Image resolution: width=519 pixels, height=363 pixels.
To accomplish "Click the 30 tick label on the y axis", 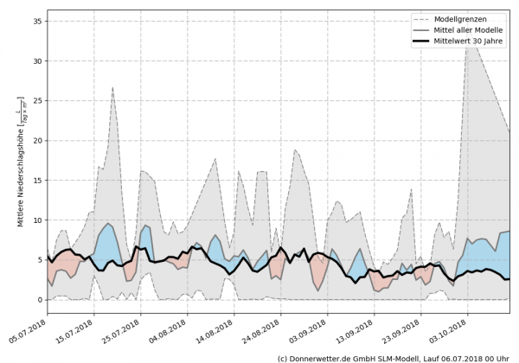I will tap(39, 60).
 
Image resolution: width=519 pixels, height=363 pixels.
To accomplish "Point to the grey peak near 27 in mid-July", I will tap(112, 88).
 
